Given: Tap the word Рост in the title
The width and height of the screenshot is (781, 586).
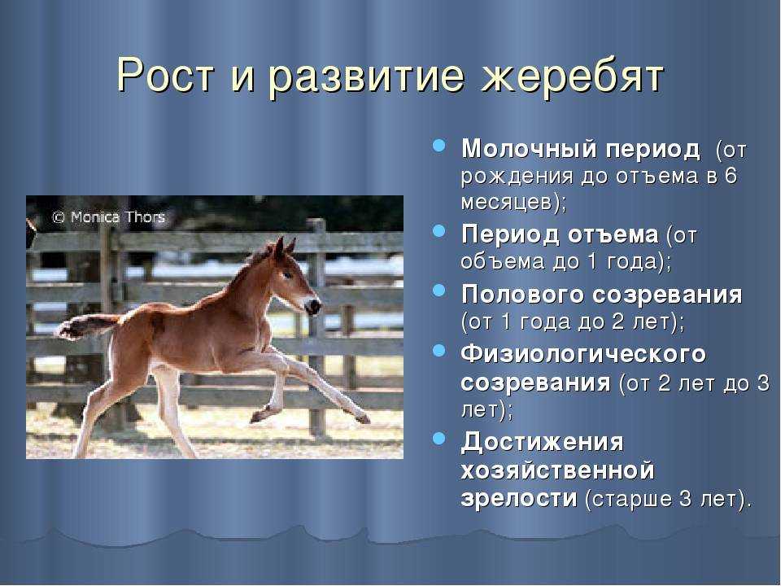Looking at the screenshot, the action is (165, 77).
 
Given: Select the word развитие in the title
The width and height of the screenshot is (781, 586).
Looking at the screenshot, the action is (366, 78).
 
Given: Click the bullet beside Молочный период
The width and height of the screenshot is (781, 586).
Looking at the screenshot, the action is (438, 146).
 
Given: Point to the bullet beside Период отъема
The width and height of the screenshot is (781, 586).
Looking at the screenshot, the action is (438, 230).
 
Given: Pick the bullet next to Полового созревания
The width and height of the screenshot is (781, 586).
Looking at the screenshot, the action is (438, 291).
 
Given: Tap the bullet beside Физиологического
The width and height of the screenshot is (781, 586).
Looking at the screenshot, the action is (438, 350).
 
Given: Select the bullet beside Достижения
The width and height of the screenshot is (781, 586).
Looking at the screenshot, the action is (438, 438).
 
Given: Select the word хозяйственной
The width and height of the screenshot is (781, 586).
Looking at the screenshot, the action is (557, 470).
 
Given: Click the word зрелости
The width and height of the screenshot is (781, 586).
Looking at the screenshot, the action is (518, 499).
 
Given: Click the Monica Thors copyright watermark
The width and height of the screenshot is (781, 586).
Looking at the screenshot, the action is (108, 217).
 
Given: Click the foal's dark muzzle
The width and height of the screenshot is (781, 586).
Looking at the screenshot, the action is (313, 306).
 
